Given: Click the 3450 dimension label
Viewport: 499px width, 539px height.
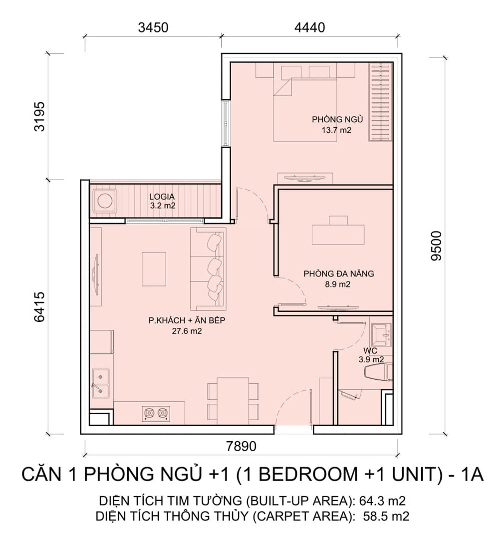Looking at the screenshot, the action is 153,27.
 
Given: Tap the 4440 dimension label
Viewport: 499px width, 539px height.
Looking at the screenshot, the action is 310,27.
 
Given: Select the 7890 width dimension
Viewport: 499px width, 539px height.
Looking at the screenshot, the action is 241,446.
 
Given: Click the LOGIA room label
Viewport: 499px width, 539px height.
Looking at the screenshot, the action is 162,197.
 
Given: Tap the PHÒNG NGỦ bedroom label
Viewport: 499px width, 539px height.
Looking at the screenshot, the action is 337,119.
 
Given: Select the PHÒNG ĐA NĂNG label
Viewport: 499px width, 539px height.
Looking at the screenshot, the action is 338,273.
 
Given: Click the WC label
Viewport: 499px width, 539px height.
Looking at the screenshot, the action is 370,351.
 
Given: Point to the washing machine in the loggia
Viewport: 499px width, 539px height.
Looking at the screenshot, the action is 104,201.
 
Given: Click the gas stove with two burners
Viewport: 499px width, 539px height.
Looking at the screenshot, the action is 156,414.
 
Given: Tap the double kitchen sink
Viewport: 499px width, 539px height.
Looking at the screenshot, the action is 100,384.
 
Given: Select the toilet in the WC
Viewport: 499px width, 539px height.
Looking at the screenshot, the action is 378,373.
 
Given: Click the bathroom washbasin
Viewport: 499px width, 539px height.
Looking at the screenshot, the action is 381,334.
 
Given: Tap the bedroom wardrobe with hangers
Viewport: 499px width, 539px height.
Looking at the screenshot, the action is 381,102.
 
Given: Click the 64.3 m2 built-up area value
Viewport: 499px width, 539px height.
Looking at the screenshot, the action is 382,501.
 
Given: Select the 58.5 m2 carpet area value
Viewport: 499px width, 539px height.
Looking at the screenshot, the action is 386,516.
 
